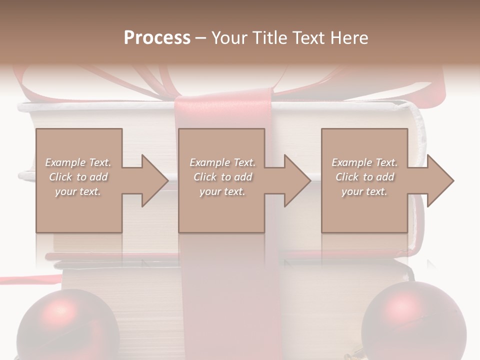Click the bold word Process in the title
coord(157,38)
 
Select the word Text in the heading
coord(308,38)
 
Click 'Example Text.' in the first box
coord(78,162)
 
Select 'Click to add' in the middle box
coord(222,177)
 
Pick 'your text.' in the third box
coord(364,191)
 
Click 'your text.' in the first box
coord(78,191)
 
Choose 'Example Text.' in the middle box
coord(222,162)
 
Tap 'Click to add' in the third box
coord(364,177)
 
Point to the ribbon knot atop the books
coord(222,100)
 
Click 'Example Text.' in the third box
coord(364,162)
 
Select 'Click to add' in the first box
coord(78,177)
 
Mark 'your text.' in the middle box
coord(222,191)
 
